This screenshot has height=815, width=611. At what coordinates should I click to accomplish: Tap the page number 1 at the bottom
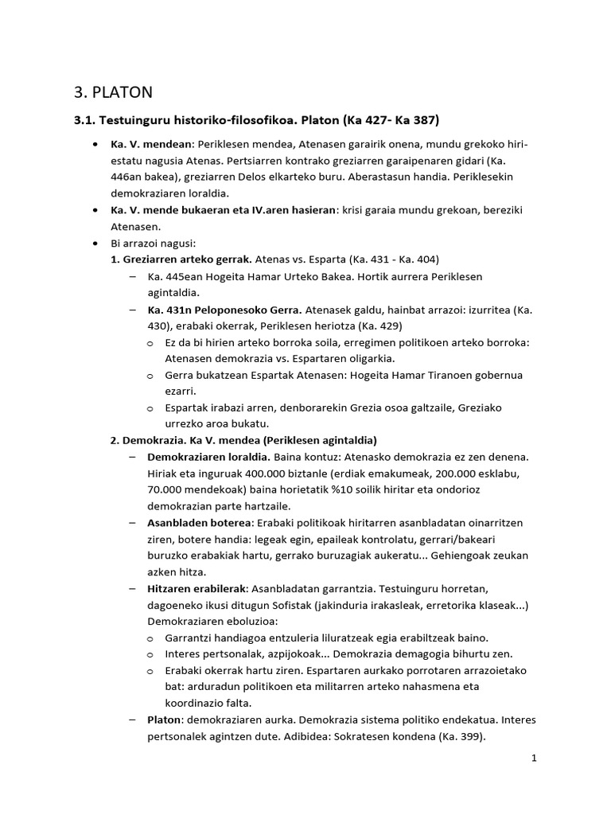(x=535, y=758)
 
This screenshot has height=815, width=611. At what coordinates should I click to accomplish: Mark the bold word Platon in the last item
(x=165, y=719)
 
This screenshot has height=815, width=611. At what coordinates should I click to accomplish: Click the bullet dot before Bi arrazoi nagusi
(x=95, y=244)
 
